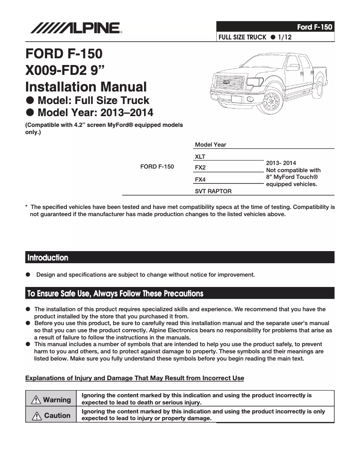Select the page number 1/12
pyautogui.click(x=285, y=37)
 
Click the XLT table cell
pyautogui.click(x=200, y=156)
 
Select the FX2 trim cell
pyautogui.click(x=200, y=168)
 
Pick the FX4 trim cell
pyautogui.click(x=200, y=179)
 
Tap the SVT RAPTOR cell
pyautogui.click(x=213, y=191)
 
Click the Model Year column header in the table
pyautogui.click(x=211, y=144)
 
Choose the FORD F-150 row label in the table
pyautogui.click(x=157, y=166)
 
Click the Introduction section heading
pyautogui.click(x=48, y=258)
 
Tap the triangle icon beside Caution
pyautogui.click(x=37, y=416)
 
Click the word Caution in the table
pyautogui.click(x=57, y=416)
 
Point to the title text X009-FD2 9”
pyautogui.click(x=70, y=70)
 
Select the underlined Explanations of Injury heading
pyautogui.click(x=135, y=378)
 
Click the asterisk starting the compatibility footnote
pyautogui.click(x=26, y=207)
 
